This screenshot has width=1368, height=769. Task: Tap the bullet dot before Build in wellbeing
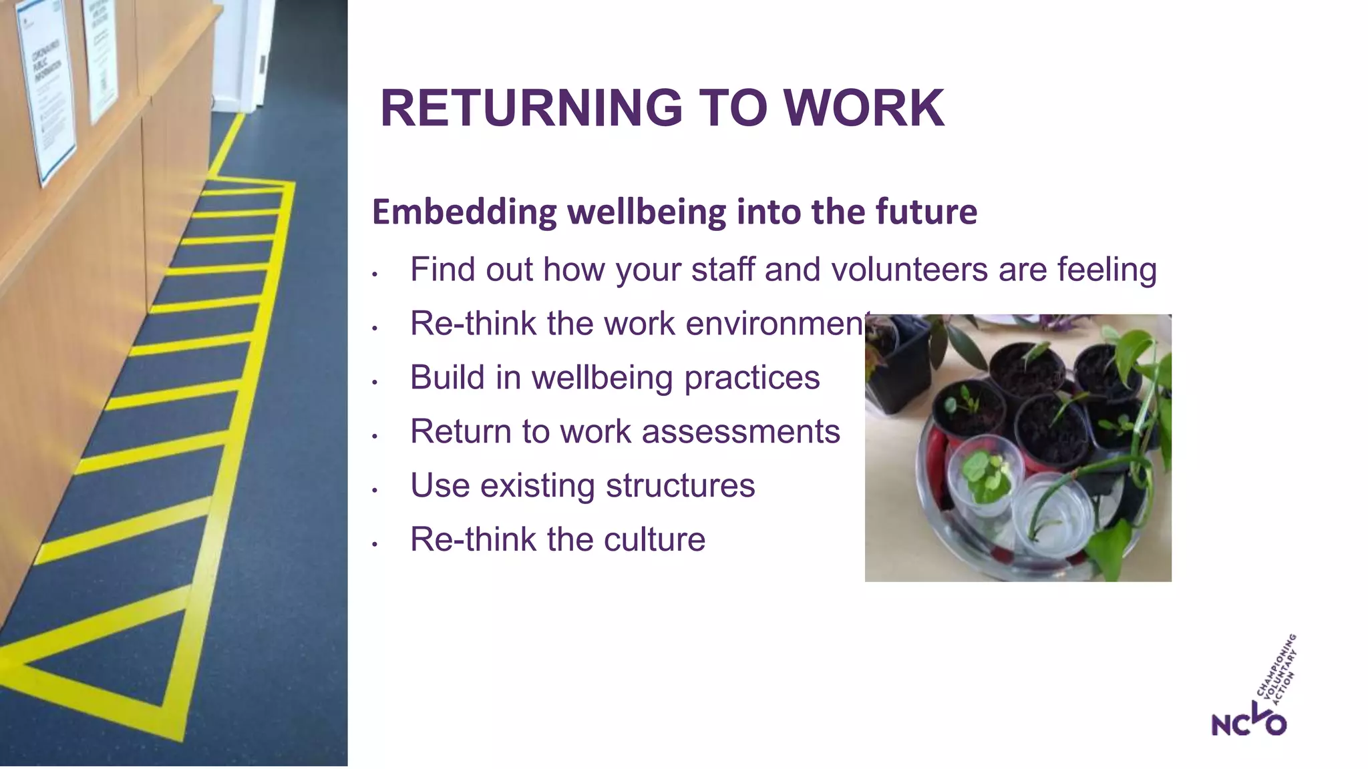pos(375,382)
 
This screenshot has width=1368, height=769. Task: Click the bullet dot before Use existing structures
pos(375,491)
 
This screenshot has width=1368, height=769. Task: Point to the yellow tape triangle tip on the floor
pos(27,664)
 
